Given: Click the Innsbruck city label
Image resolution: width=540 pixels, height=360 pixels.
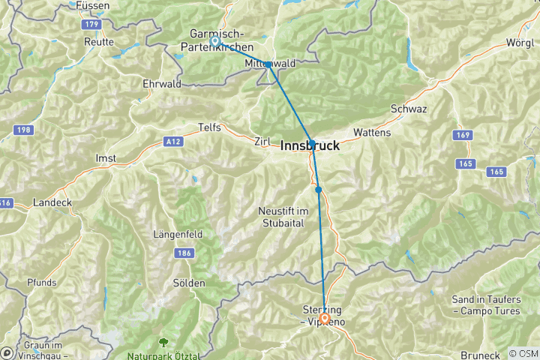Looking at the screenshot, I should pyautogui.click(x=310, y=147).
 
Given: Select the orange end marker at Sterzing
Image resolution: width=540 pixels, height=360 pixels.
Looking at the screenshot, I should pyautogui.click(x=325, y=318).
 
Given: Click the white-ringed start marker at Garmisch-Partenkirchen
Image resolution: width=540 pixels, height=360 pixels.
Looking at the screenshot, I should pyautogui.click(x=215, y=41).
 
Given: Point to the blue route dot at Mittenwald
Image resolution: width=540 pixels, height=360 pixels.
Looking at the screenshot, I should pyautogui.click(x=268, y=64).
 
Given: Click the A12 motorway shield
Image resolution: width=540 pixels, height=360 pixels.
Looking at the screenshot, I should pyautogui.click(x=173, y=140).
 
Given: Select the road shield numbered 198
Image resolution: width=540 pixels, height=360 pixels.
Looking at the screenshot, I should pyautogui.click(x=23, y=130).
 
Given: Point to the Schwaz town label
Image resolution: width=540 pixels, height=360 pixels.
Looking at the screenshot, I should pyautogui.click(x=409, y=109).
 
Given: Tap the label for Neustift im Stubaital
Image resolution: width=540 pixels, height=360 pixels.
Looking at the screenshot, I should pyautogui.click(x=283, y=215).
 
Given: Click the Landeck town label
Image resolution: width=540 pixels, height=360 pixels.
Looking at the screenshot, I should pyautogui.click(x=52, y=202).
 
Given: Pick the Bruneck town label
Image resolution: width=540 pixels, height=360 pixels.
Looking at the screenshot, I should pyautogui.click(x=481, y=354).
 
